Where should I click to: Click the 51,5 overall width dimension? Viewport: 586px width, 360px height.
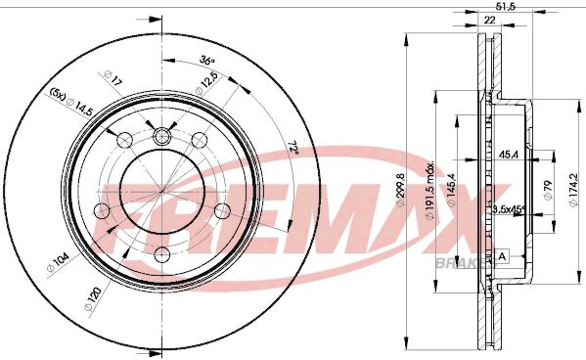(x=506, y=7)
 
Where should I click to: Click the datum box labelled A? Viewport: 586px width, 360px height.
(x=503, y=255)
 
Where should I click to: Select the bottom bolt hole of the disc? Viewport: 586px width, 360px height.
(x=161, y=254)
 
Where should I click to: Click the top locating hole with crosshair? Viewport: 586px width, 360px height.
(x=161, y=134)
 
